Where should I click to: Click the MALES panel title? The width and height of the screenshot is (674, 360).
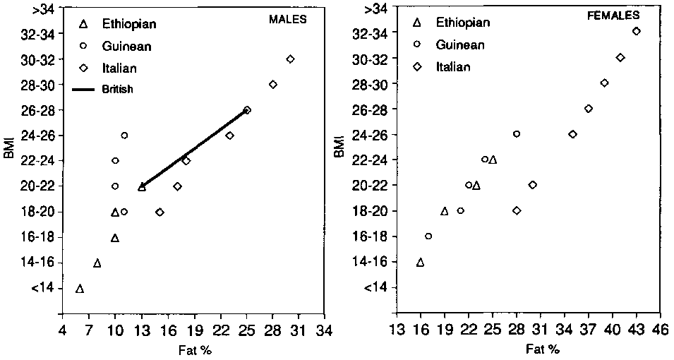tap(288, 19)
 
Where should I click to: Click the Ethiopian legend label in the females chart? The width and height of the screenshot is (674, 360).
tap(463, 23)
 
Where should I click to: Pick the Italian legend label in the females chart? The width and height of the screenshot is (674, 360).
tap(453, 67)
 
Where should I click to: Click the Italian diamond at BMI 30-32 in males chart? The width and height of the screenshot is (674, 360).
tap(290, 59)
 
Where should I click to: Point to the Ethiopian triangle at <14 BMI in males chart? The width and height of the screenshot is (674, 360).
tap(80, 289)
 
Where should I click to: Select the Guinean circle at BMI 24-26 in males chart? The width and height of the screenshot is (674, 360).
tap(124, 135)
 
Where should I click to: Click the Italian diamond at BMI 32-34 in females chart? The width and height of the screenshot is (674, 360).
tap(636, 31)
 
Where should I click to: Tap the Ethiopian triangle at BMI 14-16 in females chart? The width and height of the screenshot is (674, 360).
tap(421, 263)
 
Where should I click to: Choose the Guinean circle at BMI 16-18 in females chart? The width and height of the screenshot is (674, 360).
tap(428, 236)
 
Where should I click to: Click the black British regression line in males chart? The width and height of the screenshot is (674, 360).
tap(194, 147)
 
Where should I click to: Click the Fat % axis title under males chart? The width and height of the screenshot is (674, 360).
tap(193, 349)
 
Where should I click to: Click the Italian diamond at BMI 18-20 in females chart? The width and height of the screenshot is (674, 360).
tap(517, 210)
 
